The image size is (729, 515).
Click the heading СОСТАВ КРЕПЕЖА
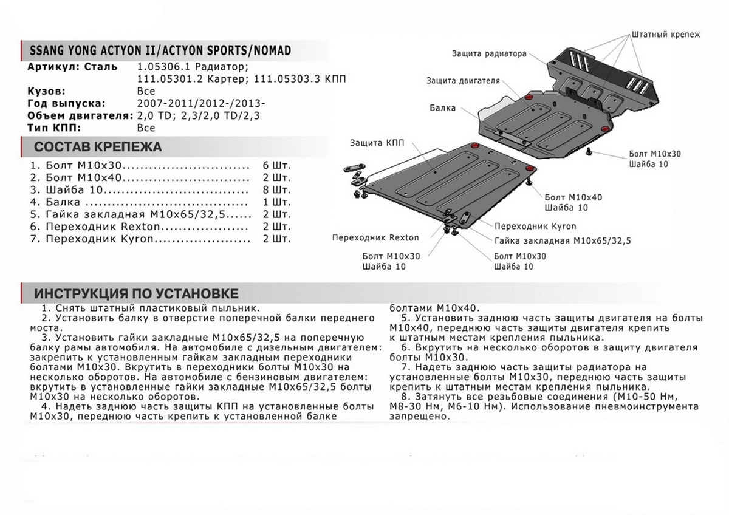(97, 148)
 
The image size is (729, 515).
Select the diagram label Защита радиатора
(488, 53)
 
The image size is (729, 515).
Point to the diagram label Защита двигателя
(462, 80)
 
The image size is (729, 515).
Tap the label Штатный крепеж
(666, 35)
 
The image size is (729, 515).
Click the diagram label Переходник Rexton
(367, 237)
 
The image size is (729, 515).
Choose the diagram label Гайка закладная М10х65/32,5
(563, 240)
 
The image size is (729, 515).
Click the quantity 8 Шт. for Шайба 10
(278, 191)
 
